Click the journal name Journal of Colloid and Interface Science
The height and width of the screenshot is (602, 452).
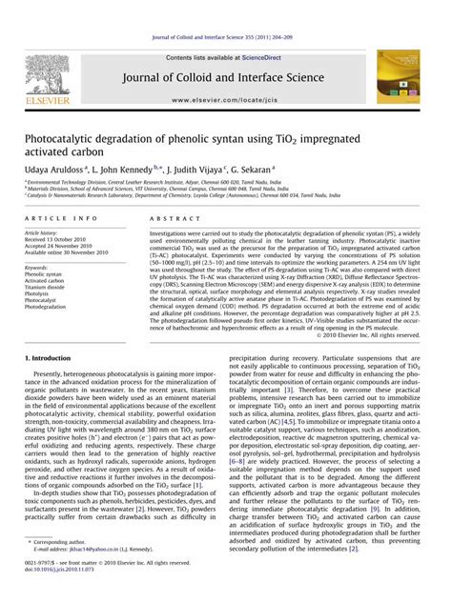[226, 66]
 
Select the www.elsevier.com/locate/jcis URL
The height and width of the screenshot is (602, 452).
[226, 99]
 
